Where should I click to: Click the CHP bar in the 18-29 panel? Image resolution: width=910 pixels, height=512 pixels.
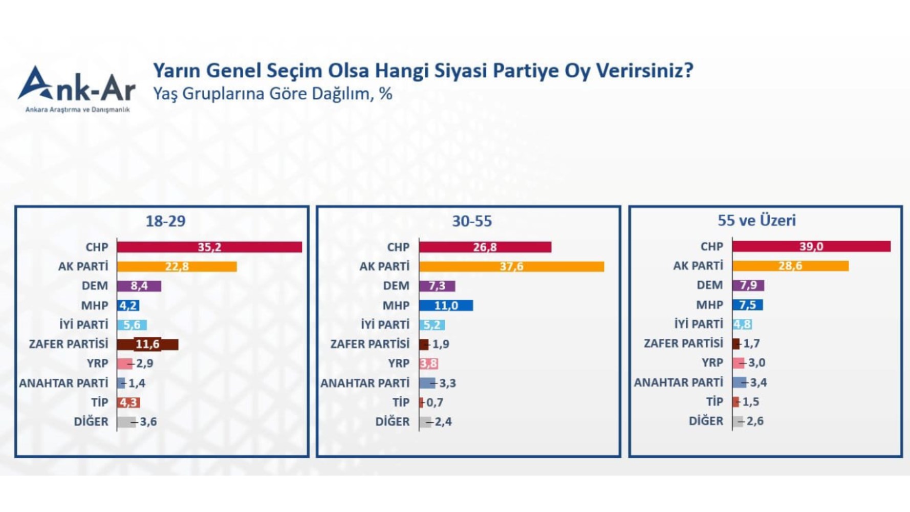coord(209,247)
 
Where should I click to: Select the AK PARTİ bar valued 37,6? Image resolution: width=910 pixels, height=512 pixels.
coord(511,267)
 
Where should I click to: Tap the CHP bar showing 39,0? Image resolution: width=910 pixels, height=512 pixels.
coord(811,247)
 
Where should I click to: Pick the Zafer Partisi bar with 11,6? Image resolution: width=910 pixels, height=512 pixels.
coord(147,345)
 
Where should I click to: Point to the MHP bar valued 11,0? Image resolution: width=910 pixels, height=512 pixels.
coord(446,306)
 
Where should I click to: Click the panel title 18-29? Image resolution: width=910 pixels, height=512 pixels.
coord(165,221)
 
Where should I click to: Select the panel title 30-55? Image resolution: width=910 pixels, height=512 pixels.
coord(472,221)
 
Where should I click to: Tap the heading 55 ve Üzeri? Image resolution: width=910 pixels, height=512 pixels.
coord(756,221)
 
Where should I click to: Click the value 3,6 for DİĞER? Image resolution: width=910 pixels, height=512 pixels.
coord(148,422)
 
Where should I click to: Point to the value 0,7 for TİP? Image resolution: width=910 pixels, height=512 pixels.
coord(435,402)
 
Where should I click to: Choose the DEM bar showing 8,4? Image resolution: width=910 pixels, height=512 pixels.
coord(139,286)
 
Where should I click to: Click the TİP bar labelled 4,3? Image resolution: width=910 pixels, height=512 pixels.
coord(128,403)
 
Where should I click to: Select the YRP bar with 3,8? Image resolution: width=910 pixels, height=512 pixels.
coord(428,364)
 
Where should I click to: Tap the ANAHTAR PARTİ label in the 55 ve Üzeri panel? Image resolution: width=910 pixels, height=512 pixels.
coord(678,382)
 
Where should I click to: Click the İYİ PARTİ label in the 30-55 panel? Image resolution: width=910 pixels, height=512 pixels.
coord(385,325)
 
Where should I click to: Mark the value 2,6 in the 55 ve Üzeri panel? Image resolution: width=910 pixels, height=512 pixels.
coord(755,421)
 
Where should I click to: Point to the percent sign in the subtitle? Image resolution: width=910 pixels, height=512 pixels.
coord(385,94)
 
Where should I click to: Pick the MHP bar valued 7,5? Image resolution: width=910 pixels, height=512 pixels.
coord(747,305)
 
